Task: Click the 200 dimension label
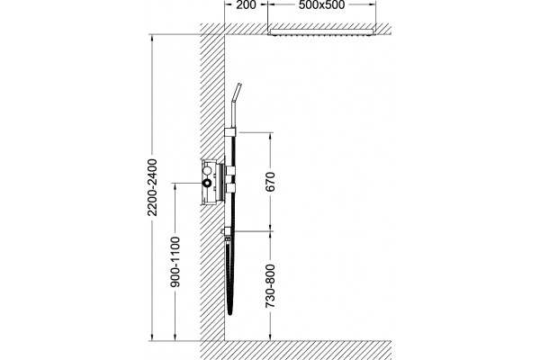click(x=246, y=4)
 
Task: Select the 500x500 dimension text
click(x=321, y=4)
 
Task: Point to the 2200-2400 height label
click(x=152, y=187)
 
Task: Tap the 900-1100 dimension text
click(x=175, y=262)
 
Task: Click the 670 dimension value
click(x=270, y=182)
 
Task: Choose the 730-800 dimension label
click(x=270, y=286)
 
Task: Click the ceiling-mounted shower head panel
click(x=322, y=32)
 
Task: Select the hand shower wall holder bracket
click(x=230, y=131)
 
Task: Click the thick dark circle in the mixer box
click(x=207, y=183)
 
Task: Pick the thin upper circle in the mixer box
click(x=207, y=171)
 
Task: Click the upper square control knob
click(x=230, y=170)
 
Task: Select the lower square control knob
click(x=230, y=188)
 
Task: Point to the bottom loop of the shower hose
click(x=230, y=311)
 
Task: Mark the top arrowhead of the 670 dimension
click(x=271, y=135)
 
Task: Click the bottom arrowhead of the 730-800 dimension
click(x=271, y=337)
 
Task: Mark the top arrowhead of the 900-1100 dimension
click(x=175, y=186)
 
